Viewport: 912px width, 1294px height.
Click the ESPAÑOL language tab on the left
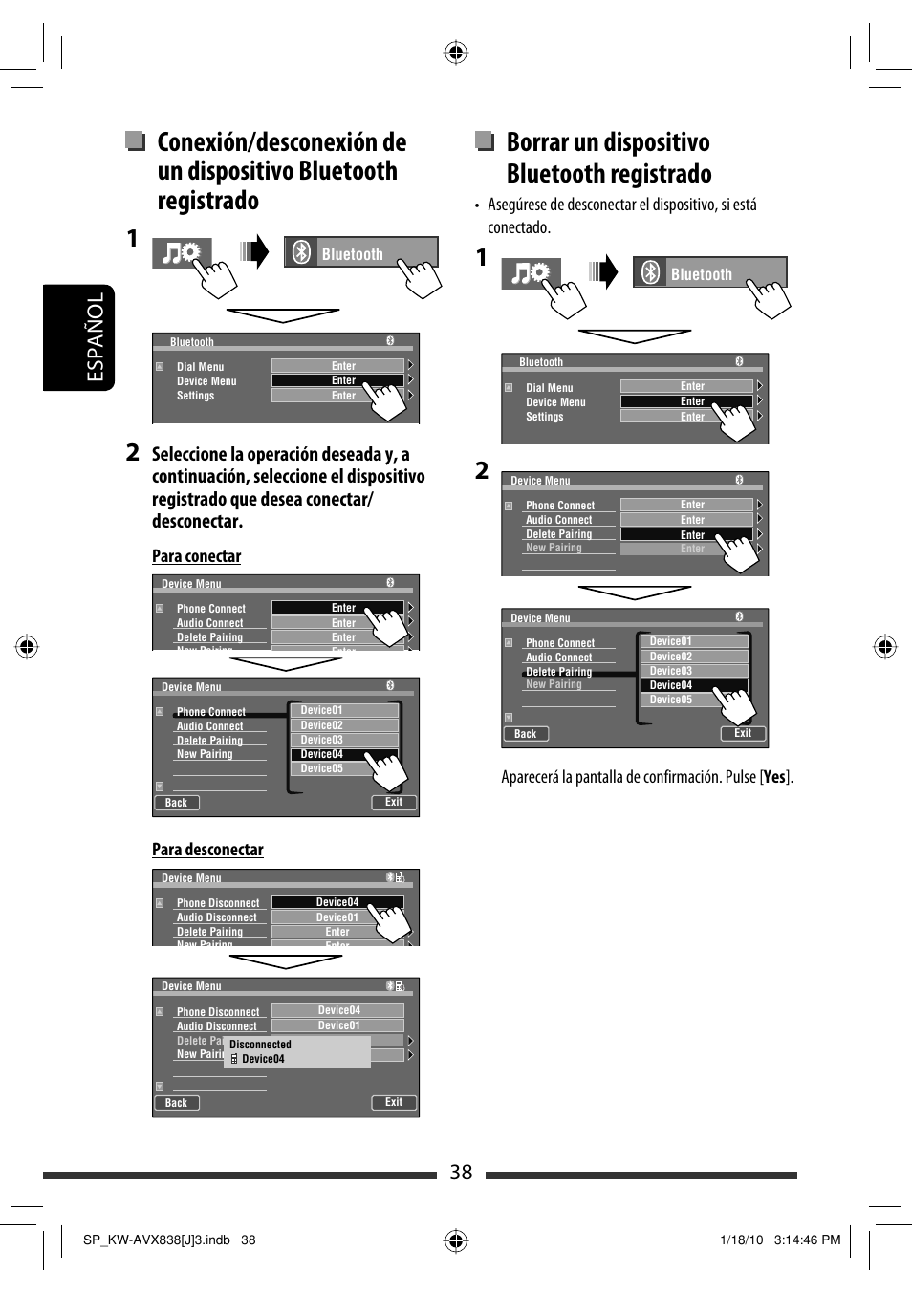point(95,337)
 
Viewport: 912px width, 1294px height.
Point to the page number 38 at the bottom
point(461,1173)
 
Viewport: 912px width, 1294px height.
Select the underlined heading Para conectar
point(196,556)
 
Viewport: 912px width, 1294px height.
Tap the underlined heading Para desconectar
point(207,850)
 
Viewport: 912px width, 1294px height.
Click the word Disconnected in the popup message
point(260,1045)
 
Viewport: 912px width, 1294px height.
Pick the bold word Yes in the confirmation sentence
point(774,777)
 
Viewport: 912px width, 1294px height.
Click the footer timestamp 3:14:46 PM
point(807,1240)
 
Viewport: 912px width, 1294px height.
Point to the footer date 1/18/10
point(741,1240)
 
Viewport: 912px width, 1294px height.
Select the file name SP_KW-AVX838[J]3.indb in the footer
point(157,1240)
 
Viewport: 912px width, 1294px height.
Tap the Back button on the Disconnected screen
point(177,1103)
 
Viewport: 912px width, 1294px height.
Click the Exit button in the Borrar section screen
point(743,733)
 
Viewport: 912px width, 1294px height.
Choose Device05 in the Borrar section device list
point(671,700)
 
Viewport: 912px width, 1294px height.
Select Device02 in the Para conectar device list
point(322,725)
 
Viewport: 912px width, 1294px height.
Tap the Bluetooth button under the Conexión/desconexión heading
point(360,253)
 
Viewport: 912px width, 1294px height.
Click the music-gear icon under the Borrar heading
point(531,273)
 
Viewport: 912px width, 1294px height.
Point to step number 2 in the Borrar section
point(482,470)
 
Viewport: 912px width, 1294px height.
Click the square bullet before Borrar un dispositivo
point(485,141)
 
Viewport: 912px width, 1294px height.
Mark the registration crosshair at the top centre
point(456,53)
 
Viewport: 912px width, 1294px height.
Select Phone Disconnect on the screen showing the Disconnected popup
point(218,1011)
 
